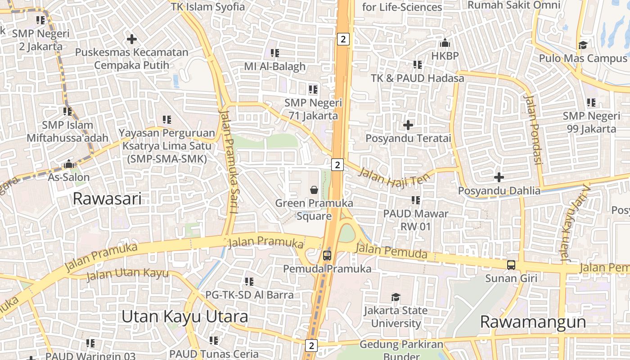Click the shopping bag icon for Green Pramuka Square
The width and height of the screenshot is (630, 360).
pyautogui.click(x=314, y=190)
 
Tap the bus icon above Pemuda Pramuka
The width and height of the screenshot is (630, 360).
pyautogui.click(x=327, y=256)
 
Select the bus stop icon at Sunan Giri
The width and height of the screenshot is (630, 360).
pyautogui.click(x=511, y=265)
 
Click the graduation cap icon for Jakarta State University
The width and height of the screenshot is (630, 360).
pyautogui.click(x=396, y=297)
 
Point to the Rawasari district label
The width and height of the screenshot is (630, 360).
pyautogui.click(x=107, y=198)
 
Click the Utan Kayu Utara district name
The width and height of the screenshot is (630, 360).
pyautogui.click(x=184, y=317)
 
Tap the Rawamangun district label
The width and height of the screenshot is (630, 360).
pyautogui.click(x=533, y=322)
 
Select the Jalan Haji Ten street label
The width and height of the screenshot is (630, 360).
pyautogui.click(x=389, y=177)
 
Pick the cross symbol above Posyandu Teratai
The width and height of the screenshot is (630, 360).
pyautogui.click(x=408, y=125)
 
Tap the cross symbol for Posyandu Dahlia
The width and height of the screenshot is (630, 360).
pyautogui.click(x=499, y=177)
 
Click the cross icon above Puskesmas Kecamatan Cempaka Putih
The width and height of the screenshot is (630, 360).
pyautogui.click(x=131, y=39)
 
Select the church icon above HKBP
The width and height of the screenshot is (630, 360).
pyautogui.click(x=445, y=43)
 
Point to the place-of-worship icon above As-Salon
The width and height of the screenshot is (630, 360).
pyautogui.click(x=69, y=164)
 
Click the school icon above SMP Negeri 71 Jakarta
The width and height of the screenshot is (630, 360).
pyautogui.click(x=313, y=90)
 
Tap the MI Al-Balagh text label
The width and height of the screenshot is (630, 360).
pyautogui.click(x=274, y=67)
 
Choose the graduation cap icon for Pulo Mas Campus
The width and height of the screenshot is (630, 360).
pyautogui.click(x=583, y=45)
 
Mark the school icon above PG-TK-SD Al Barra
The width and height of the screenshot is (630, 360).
pyautogui.click(x=249, y=282)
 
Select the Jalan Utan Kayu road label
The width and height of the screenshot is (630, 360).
pyautogui.click(x=127, y=273)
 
